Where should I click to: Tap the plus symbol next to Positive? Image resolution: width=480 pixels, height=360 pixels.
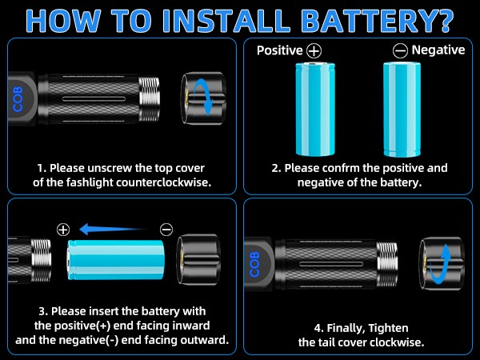point(313,50)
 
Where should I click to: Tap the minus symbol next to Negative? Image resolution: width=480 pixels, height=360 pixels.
point(400,50)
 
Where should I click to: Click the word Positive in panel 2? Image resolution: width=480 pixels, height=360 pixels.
point(279,50)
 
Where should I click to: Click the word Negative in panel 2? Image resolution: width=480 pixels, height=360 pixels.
point(438,50)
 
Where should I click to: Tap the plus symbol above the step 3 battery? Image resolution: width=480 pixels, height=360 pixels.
point(63,229)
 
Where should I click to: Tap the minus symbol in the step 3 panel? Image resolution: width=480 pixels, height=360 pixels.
point(166,229)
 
